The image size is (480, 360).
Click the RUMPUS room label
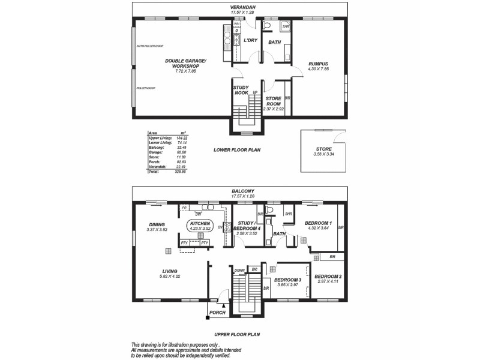tap(319, 64)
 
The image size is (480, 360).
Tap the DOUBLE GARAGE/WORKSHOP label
tap(185, 63)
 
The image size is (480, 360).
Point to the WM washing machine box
tap(237, 24)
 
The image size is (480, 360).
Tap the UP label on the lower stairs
tap(255, 92)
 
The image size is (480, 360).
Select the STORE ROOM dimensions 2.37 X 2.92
tap(274, 109)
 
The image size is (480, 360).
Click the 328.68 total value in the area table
tap(181, 171)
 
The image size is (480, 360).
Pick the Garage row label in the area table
tap(157, 152)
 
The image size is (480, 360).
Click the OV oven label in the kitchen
tap(220, 227)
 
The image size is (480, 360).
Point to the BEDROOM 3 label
tap(287, 280)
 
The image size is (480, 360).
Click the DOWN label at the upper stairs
tap(239, 270)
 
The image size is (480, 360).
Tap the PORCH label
tap(217, 312)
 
